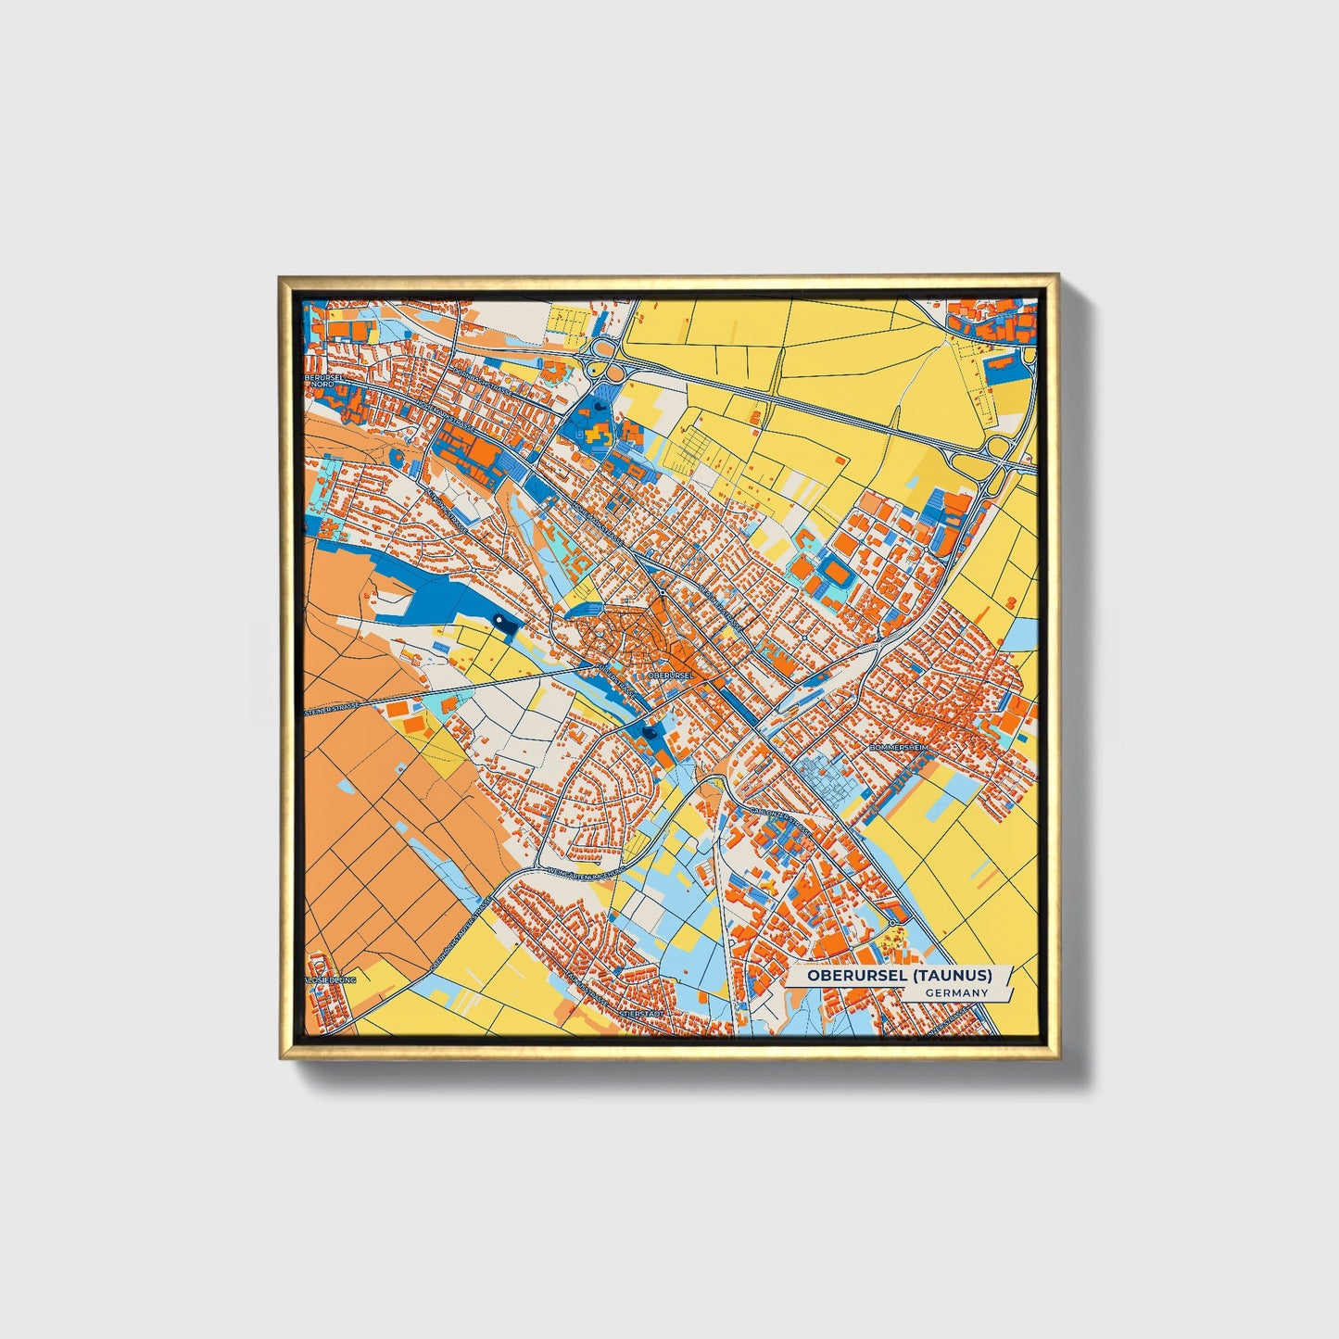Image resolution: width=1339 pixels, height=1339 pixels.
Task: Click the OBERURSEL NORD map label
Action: click(320, 381)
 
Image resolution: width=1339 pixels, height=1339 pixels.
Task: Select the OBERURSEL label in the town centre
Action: click(672, 676)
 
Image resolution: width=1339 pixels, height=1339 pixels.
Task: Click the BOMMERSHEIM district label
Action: click(897, 746)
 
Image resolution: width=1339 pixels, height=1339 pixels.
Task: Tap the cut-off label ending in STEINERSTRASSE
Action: click(332, 712)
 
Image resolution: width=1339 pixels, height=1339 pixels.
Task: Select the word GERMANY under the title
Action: click(957, 993)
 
